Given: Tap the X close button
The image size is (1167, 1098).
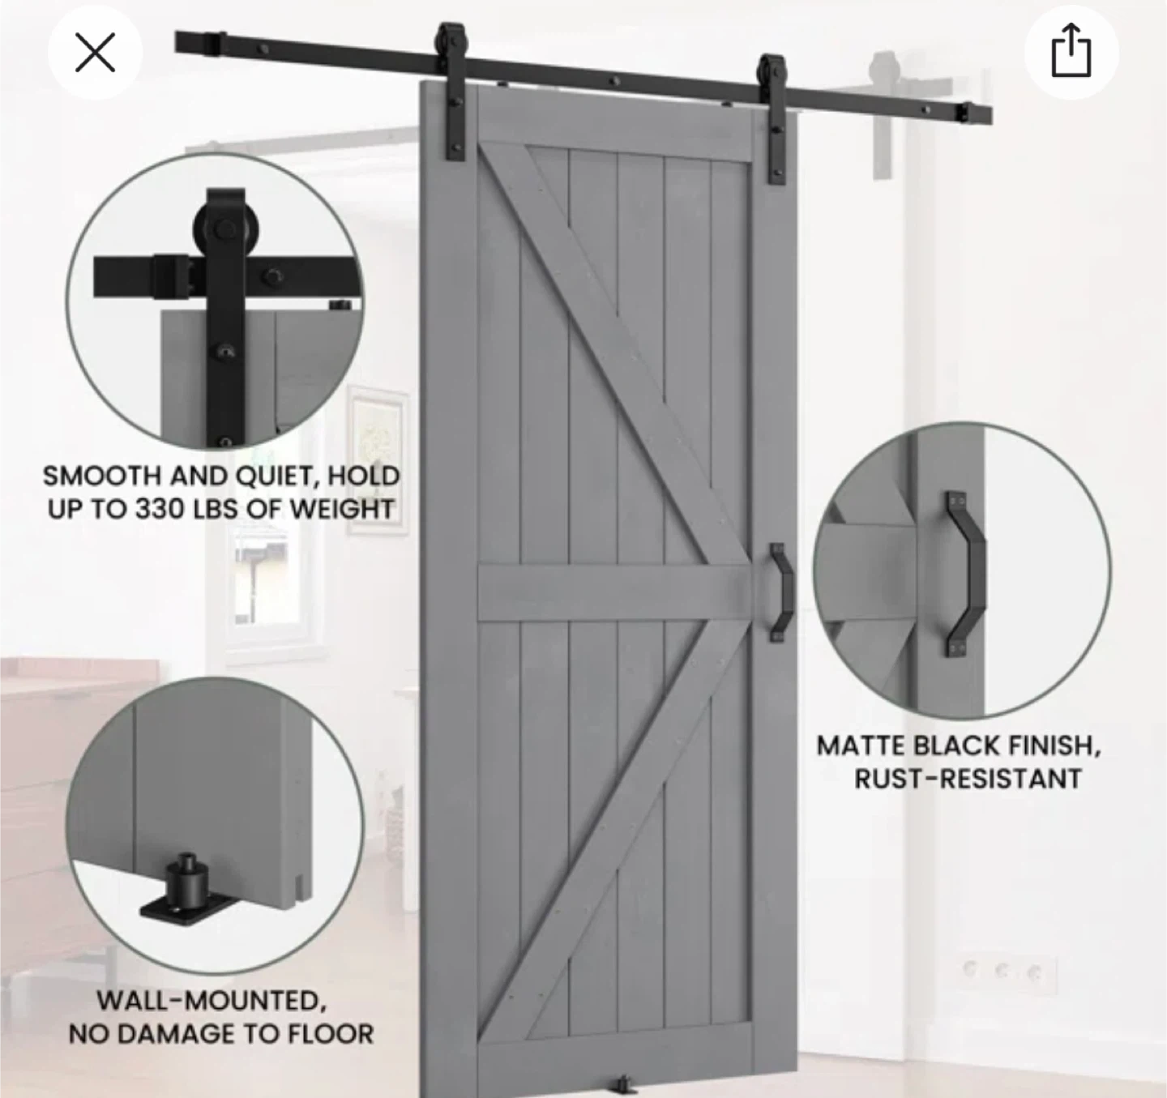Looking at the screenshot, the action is [x=95, y=53].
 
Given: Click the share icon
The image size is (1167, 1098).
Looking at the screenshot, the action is [x=1071, y=52].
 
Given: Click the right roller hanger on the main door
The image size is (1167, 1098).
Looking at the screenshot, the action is [x=774, y=117].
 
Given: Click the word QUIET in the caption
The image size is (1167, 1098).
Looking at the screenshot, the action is [x=275, y=476].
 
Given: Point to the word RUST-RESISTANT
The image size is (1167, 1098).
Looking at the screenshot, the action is [x=967, y=780].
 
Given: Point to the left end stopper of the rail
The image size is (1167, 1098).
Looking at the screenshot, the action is [x=199, y=42].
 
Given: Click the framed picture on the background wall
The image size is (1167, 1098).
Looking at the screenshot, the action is [x=377, y=459].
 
